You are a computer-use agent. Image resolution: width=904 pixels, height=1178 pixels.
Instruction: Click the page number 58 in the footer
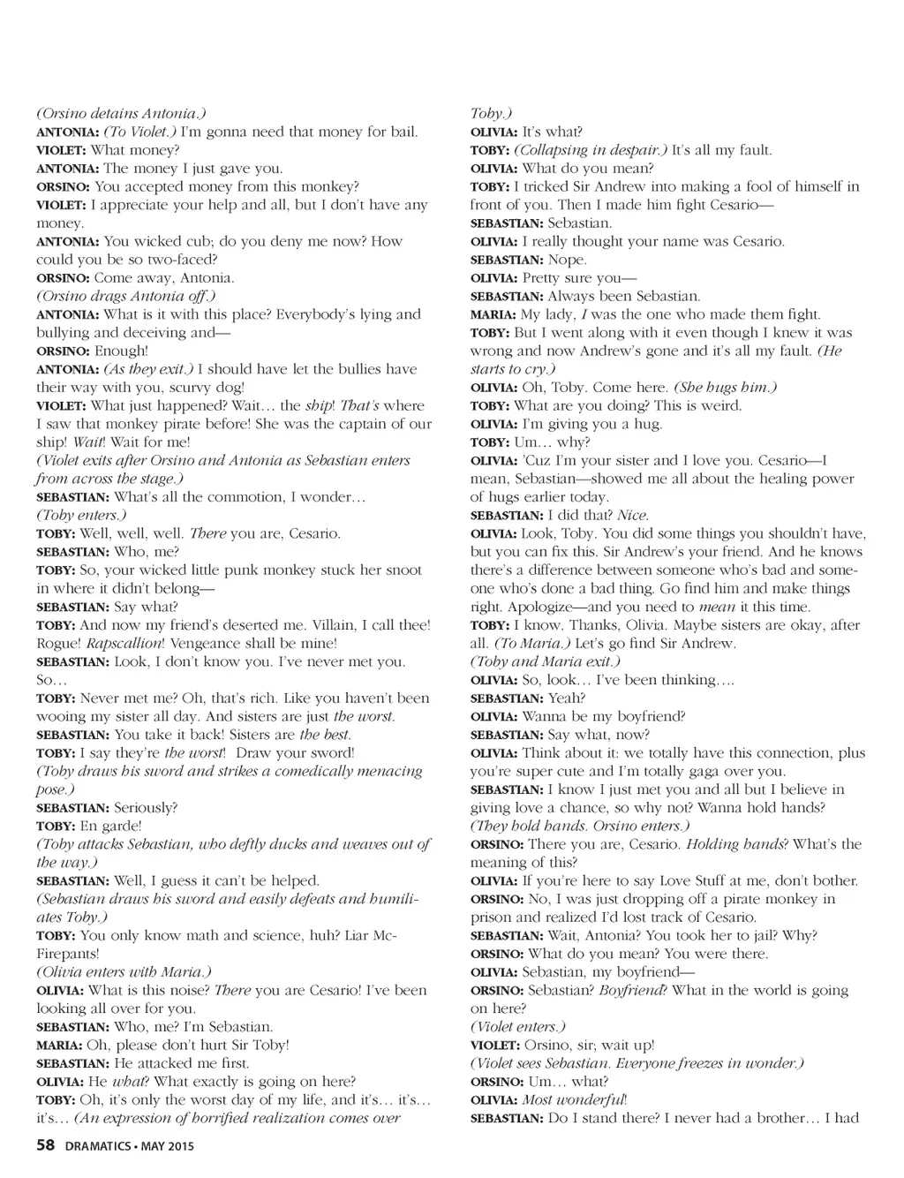46,1146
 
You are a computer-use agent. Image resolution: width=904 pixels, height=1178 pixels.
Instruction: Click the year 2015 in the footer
178,1147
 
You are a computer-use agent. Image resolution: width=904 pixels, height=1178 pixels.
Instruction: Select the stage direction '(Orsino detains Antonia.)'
121,114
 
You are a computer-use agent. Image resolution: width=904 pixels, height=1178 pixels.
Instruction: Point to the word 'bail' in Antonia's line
402,132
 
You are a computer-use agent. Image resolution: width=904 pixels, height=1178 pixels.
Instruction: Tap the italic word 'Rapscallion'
123,644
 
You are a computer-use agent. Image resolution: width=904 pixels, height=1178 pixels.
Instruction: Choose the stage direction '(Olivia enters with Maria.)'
124,972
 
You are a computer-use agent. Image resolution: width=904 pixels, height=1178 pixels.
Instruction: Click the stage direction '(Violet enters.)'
517,1027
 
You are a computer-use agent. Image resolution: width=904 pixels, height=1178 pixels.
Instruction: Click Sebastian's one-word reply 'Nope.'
567,260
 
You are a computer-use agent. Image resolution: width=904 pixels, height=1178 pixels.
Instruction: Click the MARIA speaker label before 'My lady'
493,314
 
